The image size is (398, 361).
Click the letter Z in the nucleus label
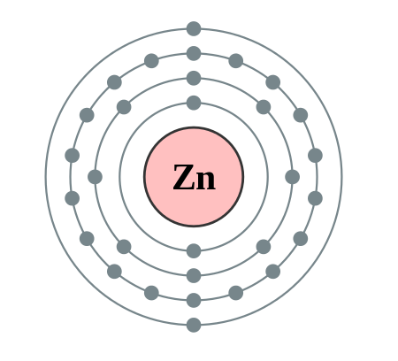pyautogui.click(x=184, y=177)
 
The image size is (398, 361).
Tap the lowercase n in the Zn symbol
pyautogui.click(x=206, y=180)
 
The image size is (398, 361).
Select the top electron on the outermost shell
pyautogui.click(x=194, y=29)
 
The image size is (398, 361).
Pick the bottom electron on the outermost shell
pyautogui.click(x=194, y=325)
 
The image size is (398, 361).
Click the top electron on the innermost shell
pyautogui.click(x=194, y=103)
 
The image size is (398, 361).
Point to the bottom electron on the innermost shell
pyautogui.click(x=194, y=251)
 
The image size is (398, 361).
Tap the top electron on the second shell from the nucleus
pyautogui.click(x=194, y=78)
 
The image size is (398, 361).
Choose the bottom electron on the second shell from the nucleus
pyautogui.click(x=194, y=275)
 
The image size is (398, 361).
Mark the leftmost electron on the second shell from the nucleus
pyautogui.click(x=96, y=177)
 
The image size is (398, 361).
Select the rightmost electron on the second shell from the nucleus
pyautogui.click(x=293, y=177)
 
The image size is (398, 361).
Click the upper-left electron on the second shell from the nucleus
pyautogui.click(x=124, y=107)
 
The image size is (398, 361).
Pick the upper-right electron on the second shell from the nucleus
pyautogui.click(x=264, y=107)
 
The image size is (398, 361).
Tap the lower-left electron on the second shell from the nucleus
pyautogui.click(x=124, y=247)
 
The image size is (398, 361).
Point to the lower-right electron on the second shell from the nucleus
pyautogui.click(x=264, y=247)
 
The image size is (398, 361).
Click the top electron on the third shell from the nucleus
pyautogui.click(x=194, y=53)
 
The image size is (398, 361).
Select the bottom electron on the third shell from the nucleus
pyautogui.click(x=194, y=300)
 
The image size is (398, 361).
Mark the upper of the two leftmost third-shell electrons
pyautogui.click(x=73, y=156)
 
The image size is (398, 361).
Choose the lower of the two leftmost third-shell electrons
pyautogui.click(x=73, y=198)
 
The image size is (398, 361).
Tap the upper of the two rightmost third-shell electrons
pyautogui.click(x=315, y=156)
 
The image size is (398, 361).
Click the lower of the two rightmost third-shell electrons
pyautogui.click(x=315, y=198)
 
